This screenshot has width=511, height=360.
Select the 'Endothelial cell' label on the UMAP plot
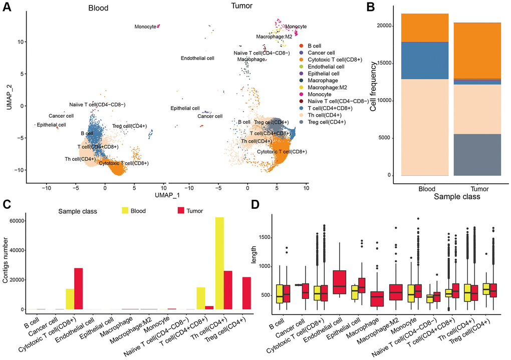coord(197,58)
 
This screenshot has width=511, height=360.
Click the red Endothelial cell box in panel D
coord(340,285)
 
